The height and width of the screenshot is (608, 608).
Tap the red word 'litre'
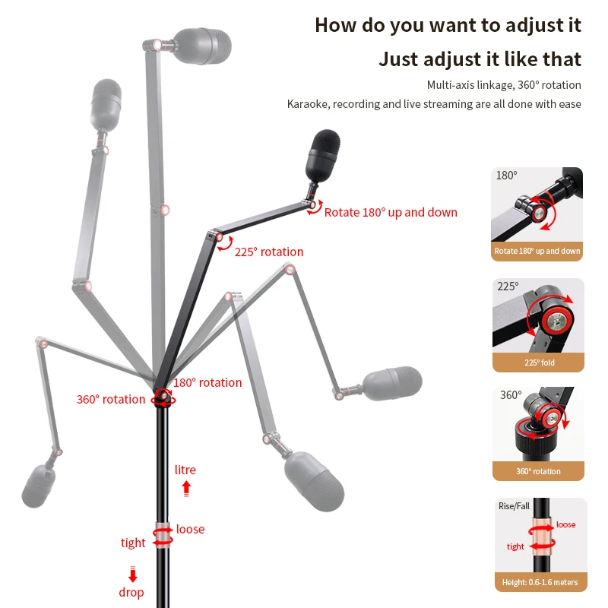tap(185, 470)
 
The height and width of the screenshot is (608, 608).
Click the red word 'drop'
tap(131, 592)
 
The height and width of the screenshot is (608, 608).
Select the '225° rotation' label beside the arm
tap(268, 252)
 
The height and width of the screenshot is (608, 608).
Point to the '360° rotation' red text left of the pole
tap(110, 399)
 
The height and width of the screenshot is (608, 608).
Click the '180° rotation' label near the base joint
tap(207, 382)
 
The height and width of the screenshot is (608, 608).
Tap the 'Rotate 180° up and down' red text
tap(391, 212)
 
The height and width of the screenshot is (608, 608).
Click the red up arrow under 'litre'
tap(186, 488)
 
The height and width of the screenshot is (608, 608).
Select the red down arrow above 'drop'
tap(132, 575)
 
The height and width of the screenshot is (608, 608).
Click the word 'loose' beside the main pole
tap(190, 529)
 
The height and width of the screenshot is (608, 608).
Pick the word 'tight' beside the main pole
tap(133, 543)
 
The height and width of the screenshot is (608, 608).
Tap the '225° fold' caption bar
tap(538, 363)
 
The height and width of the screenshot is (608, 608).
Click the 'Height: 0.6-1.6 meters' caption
tap(540, 583)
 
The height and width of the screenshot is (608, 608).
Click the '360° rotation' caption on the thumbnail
tap(538, 471)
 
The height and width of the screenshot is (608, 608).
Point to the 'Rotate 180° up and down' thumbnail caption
tap(538, 251)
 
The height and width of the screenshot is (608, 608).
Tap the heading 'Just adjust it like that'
tap(480, 59)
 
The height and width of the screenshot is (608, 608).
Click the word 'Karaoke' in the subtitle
tap(307, 104)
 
